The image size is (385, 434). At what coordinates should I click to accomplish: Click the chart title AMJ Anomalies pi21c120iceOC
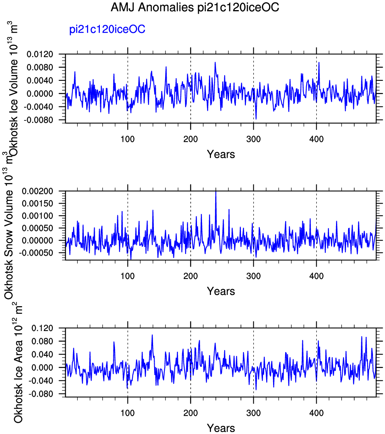[x=195, y=7]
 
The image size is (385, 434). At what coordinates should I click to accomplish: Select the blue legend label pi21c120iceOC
[x=107, y=30]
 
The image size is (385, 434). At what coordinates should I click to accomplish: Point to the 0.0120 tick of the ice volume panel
[x=40, y=54]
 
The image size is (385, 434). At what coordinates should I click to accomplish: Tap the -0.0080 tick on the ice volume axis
[x=38, y=120]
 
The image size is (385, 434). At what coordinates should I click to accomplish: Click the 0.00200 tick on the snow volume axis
[x=37, y=191]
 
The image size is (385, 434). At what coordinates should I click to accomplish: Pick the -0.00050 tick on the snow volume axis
[x=36, y=253]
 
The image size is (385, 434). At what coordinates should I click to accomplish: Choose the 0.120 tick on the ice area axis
[x=42, y=328]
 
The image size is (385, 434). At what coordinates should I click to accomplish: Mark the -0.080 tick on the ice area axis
[x=41, y=394]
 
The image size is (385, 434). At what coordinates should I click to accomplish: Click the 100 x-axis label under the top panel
[x=127, y=139]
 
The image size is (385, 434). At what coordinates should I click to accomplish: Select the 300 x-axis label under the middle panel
[x=254, y=276]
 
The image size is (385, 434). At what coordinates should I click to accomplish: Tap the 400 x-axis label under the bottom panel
[x=316, y=413]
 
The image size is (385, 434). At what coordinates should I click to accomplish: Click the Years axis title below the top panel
[x=221, y=154]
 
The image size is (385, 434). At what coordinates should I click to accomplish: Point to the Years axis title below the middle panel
[x=221, y=291]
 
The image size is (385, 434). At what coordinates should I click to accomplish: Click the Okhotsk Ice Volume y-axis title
[x=13, y=89]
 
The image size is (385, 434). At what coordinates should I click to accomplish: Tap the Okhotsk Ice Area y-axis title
[x=18, y=363]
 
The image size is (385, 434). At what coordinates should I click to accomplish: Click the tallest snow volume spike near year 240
[x=216, y=192]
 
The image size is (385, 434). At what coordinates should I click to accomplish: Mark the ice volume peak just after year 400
[x=319, y=63]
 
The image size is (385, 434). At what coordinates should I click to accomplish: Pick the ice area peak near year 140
[x=152, y=335]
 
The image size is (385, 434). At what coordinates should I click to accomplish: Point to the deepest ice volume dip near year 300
[x=256, y=119]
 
